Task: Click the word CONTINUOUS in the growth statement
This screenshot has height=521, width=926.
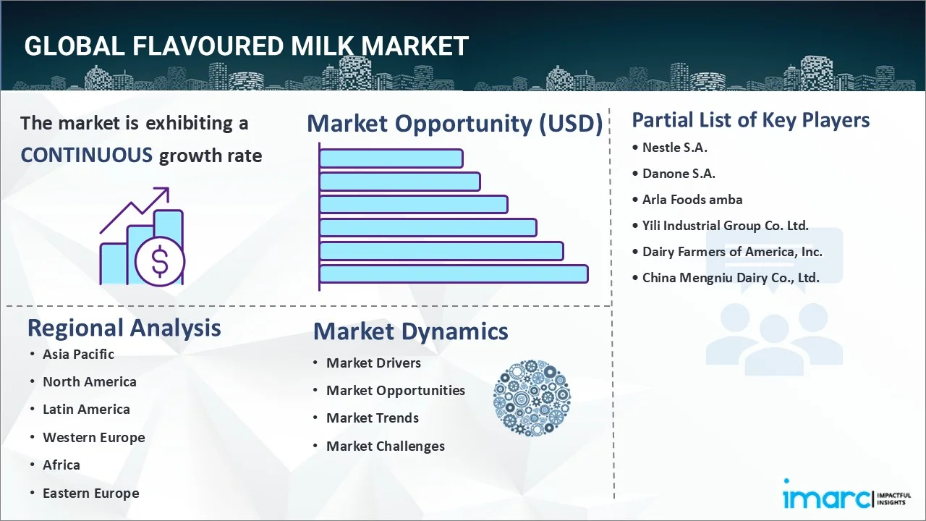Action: tap(86, 155)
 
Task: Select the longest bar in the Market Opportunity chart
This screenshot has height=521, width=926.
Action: tap(454, 274)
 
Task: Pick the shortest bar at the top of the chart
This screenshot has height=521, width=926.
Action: tap(391, 158)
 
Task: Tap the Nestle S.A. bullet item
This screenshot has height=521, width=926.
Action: tap(674, 148)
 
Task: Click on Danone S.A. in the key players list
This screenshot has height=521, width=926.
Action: tap(679, 174)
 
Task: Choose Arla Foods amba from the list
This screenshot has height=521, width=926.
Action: tap(692, 200)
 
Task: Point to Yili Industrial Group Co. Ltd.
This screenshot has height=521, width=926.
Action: tap(725, 226)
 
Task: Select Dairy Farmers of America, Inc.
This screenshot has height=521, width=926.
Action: tap(732, 252)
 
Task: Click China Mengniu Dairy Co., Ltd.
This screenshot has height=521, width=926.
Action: tap(731, 278)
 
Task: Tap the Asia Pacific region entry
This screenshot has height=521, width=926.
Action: tap(78, 354)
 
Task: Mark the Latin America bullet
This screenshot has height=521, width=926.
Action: tap(86, 410)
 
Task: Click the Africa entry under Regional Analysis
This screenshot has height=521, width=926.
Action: tap(61, 465)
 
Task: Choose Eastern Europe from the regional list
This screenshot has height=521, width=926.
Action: tap(90, 494)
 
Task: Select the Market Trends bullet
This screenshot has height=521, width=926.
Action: tap(372, 418)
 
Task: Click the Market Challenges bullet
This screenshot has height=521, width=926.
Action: tap(385, 446)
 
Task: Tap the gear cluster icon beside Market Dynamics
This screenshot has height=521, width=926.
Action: tap(532, 399)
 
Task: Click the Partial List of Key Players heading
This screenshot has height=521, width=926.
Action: tap(750, 120)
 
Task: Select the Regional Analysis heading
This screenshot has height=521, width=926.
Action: tap(124, 328)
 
